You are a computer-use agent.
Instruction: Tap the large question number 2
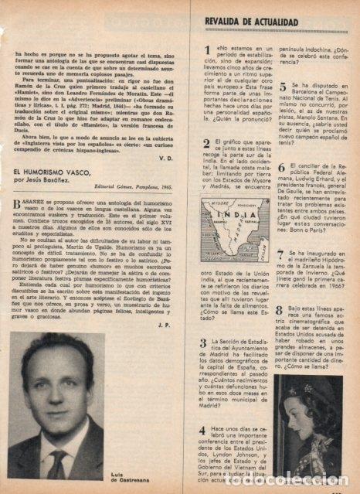tap(202, 145)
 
